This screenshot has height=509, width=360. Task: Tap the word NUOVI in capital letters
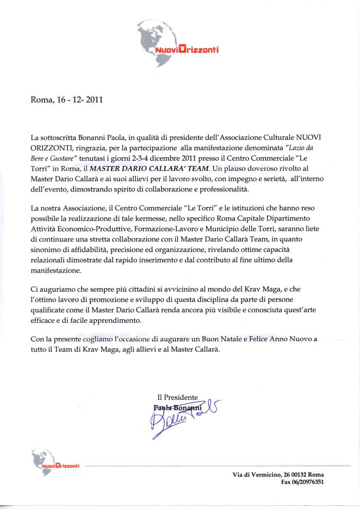(311, 138)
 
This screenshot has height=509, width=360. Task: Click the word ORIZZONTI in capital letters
(55, 148)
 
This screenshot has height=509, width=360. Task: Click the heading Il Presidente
(178, 397)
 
